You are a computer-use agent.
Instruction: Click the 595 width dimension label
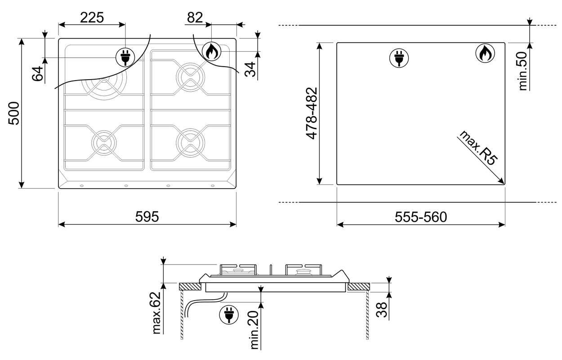[x=147, y=216]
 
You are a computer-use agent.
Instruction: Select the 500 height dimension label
[x=14, y=113]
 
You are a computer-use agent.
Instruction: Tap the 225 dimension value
[x=92, y=18]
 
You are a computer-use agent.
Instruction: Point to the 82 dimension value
[x=195, y=18]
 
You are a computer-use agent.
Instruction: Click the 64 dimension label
[x=38, y=73]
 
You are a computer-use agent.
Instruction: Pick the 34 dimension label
[x=250, y=69]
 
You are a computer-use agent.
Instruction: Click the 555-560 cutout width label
[x=421, y=217]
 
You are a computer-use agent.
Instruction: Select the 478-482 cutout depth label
[x=312, y=113]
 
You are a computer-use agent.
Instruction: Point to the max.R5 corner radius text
[x=478, y=148]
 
